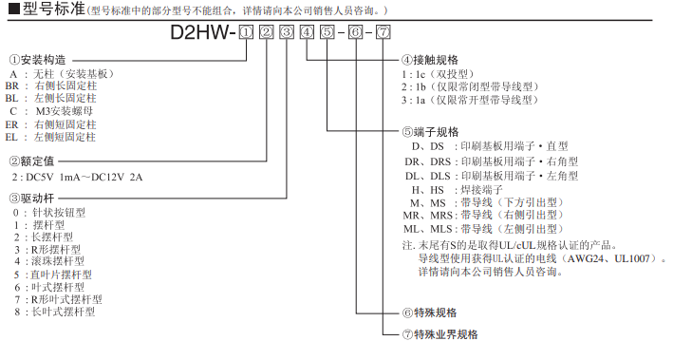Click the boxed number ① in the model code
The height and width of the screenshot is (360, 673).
[x=246, y=32]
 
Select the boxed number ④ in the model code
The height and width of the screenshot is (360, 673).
[x=307, y=32]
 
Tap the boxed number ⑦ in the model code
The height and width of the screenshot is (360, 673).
[x=383, y=32]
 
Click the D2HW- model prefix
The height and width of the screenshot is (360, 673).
[x=203, y=32]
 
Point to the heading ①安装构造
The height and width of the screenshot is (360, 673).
[x=38, y=60]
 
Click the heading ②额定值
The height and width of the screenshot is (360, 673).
[x=31, y=161]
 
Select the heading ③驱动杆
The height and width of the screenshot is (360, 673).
[x=31, y=198]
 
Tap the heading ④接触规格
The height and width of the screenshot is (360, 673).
[x=430, y=60]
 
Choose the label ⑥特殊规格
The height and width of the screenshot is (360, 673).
[x=429, y=313]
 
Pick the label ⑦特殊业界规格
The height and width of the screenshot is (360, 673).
[x=439, y=334]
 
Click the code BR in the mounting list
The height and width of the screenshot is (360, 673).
[x=12, y=85]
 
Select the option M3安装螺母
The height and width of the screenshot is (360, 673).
[x=65, y=111]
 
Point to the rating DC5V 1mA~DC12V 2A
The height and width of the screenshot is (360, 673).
[x=84, y=177]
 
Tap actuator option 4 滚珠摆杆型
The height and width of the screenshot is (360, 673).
[x=49, y=261]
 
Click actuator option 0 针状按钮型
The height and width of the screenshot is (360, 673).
[x=49, y=213]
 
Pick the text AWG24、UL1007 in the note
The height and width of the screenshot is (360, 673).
[x=608, y=258]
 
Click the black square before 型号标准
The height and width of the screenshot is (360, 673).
[x=13, y=9]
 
